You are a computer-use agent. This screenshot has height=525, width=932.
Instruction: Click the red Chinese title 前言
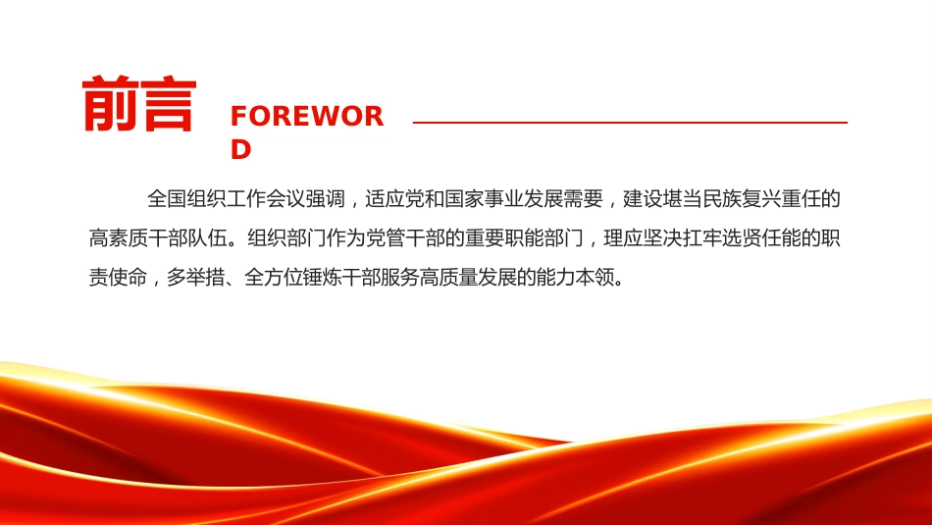tap(139, 103)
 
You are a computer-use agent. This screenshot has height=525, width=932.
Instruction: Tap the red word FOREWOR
tap(307, 116)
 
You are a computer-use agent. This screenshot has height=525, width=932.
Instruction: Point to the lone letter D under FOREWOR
tap(240, 149)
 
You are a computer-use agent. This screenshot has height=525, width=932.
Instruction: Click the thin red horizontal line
tap(630, 123)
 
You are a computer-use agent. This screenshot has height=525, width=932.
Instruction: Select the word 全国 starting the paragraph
tap(167, 198)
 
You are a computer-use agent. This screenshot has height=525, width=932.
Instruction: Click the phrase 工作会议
tap(266, 198)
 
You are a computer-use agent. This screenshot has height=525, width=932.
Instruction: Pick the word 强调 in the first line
tap(325, 198)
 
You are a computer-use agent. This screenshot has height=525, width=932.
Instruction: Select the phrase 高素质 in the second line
tap(119, 237)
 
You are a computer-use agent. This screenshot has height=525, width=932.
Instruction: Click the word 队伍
tap(207, 237)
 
